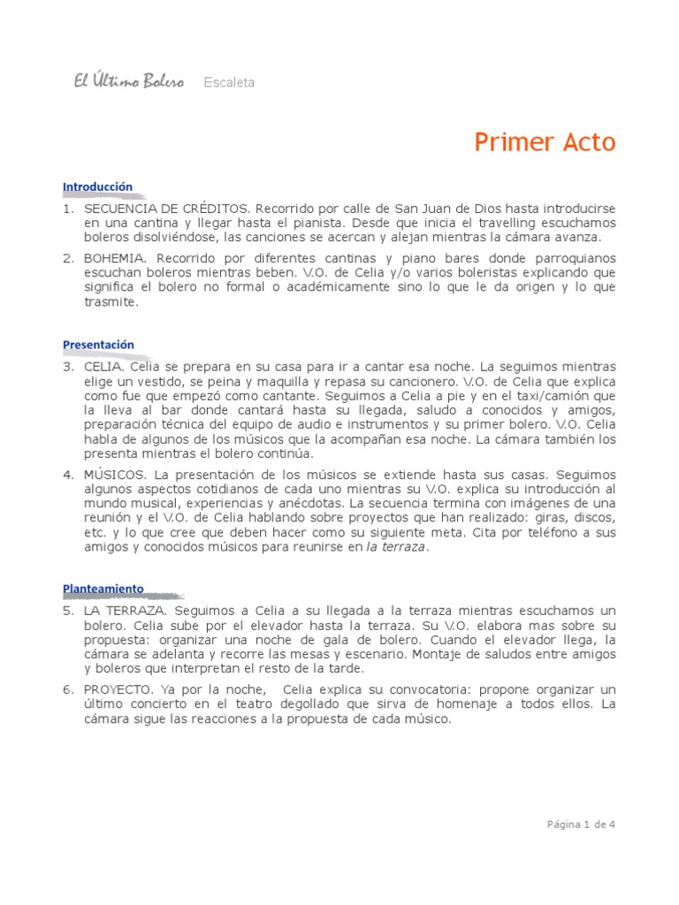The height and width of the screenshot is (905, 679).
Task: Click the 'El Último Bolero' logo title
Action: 128,82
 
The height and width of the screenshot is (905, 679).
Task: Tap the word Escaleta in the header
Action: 229,83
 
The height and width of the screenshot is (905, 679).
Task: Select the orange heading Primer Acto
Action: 545,142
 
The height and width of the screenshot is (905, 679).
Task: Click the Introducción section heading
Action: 97,186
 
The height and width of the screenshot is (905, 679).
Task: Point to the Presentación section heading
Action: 98,345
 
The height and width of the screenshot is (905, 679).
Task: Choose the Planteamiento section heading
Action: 103,589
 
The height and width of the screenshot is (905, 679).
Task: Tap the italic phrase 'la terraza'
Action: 395,548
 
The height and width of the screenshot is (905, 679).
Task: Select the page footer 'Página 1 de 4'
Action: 580,825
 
